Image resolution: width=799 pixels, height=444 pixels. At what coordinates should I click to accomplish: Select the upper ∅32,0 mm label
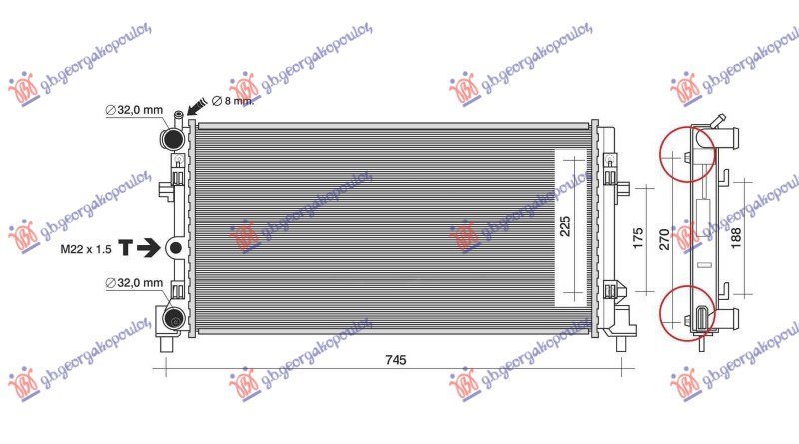coord(133,111)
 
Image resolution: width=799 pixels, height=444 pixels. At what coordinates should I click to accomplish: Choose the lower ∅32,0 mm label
coord(133,284)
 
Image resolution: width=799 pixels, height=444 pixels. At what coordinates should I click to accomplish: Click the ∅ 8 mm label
coord(233,101)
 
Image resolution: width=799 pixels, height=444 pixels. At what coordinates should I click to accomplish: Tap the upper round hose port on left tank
coord(174,137)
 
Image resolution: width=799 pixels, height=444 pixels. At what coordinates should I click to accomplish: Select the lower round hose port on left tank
coord(174,319)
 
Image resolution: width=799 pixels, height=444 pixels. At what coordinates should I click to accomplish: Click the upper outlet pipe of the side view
coord(731,136)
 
